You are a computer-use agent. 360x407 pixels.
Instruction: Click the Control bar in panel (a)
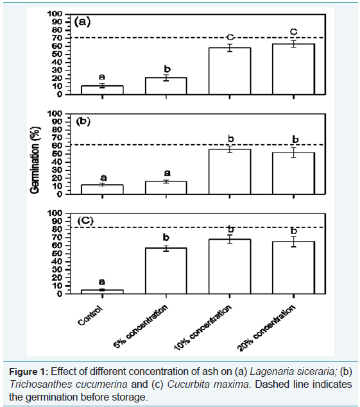point(102,90)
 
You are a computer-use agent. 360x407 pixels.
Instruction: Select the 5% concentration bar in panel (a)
point(166,86)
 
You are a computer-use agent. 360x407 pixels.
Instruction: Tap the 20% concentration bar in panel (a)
point(293,69)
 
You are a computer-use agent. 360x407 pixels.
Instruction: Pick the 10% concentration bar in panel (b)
point(230,172)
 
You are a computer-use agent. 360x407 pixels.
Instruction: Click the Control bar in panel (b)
point(102,190)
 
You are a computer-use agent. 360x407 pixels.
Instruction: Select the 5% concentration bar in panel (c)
point(166,270)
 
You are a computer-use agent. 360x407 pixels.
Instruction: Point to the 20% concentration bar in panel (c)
point(293,268)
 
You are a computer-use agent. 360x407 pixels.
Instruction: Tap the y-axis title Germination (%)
point(35,160)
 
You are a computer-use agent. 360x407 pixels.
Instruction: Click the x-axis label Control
point(90,315)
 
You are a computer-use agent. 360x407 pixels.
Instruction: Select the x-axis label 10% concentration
point(203,328)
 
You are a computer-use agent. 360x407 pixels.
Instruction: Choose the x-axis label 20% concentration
point(266,328)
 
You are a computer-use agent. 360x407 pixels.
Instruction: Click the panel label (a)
point(82,22)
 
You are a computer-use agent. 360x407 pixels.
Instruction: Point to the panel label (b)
point(83,122)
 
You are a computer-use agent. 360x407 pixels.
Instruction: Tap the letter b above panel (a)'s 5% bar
point(167,69)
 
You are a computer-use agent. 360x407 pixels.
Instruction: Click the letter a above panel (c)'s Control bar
point(102,282)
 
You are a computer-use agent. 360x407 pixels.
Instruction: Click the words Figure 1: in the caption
point(29,372)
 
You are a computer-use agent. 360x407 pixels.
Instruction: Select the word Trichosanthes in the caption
point(41,384)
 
